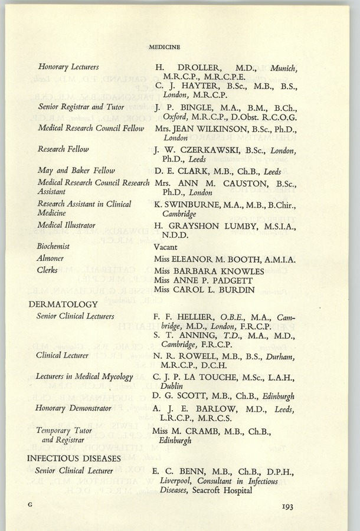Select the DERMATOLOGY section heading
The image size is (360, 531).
(63, 304)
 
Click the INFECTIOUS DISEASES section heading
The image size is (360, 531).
(74, 458)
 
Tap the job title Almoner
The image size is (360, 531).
(51, 258)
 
